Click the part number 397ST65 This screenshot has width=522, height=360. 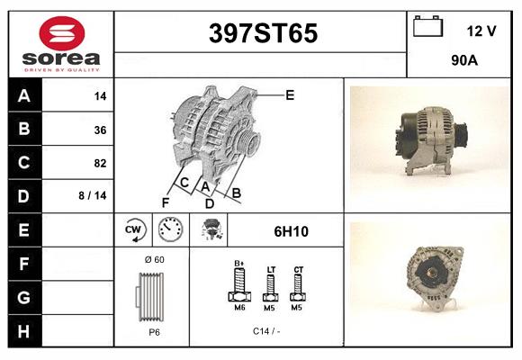click(263, 34)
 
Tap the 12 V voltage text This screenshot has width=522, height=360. click(481, 31)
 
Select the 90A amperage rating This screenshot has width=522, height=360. click(464, 61)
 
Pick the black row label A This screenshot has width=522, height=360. click(24, 96)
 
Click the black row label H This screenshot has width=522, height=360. click(24, 330)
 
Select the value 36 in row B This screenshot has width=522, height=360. click(100, 130)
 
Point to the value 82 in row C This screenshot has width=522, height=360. click(100, 164)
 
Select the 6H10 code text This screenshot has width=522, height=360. click(292, 231)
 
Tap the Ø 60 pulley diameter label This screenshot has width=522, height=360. click(154, 260)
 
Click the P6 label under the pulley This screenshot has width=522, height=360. click(154, 332)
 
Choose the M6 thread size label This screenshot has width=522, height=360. click(240, 309)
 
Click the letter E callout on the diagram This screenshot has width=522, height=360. click(290, 94)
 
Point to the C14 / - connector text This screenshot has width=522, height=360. click(266, 332)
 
